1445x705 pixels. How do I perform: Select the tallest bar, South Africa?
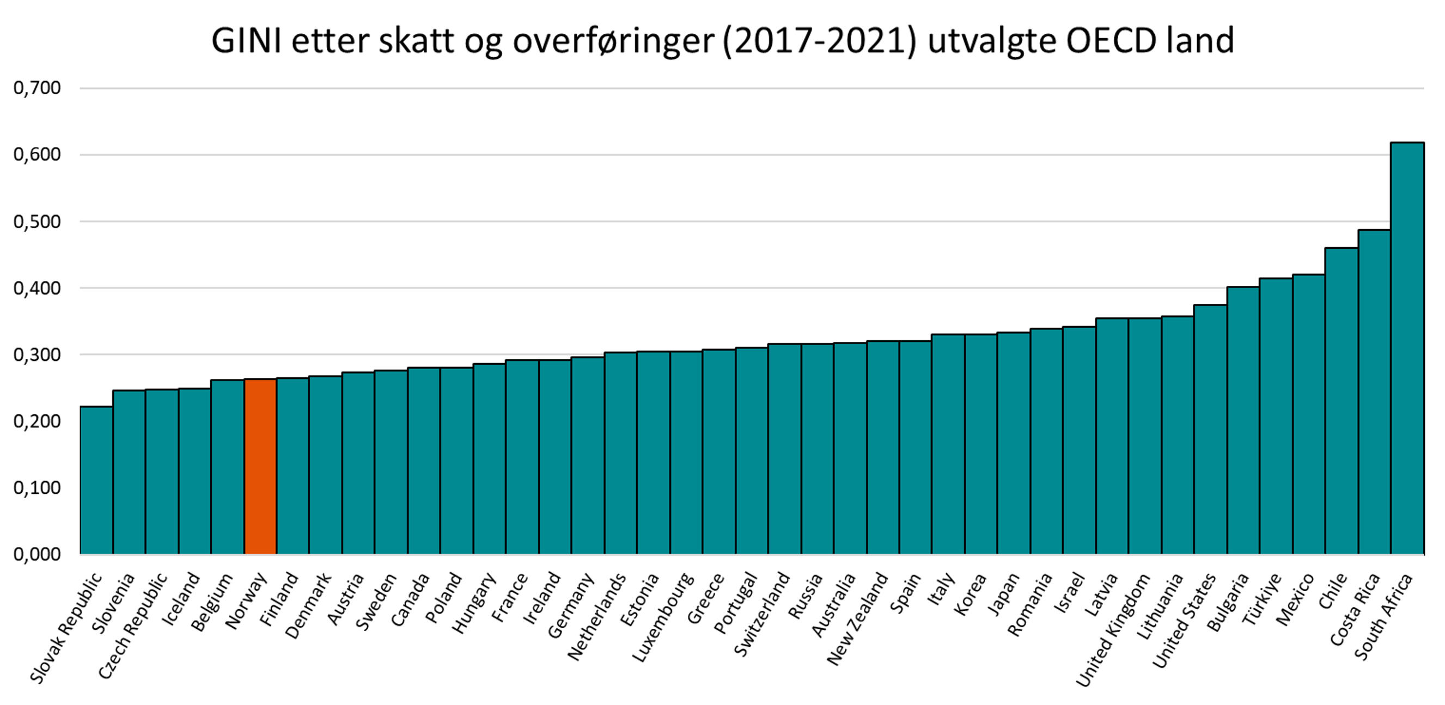(1407, 348)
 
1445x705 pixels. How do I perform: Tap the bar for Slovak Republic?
(96, 480)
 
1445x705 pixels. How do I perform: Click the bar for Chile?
(1341, 401)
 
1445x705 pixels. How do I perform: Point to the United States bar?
(1210, 429)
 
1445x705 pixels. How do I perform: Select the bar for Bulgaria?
(1243, 421)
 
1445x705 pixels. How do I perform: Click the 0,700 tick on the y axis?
(37, 88)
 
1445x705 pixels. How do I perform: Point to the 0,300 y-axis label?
(37, 354)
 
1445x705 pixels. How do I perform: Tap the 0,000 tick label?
(37, 554)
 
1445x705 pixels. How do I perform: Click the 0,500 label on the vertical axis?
(37, 222)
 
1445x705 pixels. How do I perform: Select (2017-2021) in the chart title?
(820, 41)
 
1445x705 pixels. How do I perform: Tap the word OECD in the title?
(1111, 41)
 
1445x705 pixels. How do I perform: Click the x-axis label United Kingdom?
(1113, 630)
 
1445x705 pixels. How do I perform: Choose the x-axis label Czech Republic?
(133, 626)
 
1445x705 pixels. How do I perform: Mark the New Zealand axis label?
(858, 619)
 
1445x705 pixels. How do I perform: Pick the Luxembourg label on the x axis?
(663, 617)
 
